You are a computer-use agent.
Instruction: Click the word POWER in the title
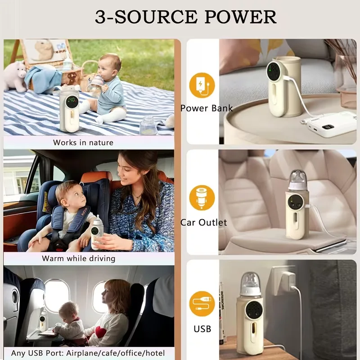point(240,17)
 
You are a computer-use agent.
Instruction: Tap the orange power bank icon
point(202,85)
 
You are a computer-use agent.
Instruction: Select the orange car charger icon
point(202,198)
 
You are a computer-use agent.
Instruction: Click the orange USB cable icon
point(202,304)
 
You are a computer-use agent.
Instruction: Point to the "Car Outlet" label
point(204,222)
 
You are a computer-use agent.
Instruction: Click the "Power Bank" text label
point(207,108)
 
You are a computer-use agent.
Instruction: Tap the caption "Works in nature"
point(83,143)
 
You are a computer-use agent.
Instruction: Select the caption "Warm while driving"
point(78,258)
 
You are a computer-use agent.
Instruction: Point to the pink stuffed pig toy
point(15,76)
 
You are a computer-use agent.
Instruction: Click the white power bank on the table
point(329,124)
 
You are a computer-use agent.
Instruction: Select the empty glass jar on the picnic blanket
point(148,126)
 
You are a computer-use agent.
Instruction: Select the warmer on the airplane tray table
point(43,320)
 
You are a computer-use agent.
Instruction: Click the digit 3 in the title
point(100,17)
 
